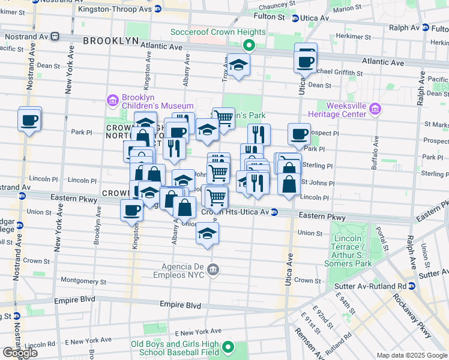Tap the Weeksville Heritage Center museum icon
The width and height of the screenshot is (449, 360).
point(376,109)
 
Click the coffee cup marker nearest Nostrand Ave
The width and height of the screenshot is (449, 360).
point(29,120)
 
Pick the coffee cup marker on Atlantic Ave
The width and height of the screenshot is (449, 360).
point(305,61)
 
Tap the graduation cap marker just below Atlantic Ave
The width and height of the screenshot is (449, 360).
point(238,65)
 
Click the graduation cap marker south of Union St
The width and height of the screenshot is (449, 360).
point(208,233)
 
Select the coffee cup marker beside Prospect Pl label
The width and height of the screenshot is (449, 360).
point(298,134)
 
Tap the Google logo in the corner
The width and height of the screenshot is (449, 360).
point(20,353)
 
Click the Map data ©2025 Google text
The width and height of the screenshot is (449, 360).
point(412,355)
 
